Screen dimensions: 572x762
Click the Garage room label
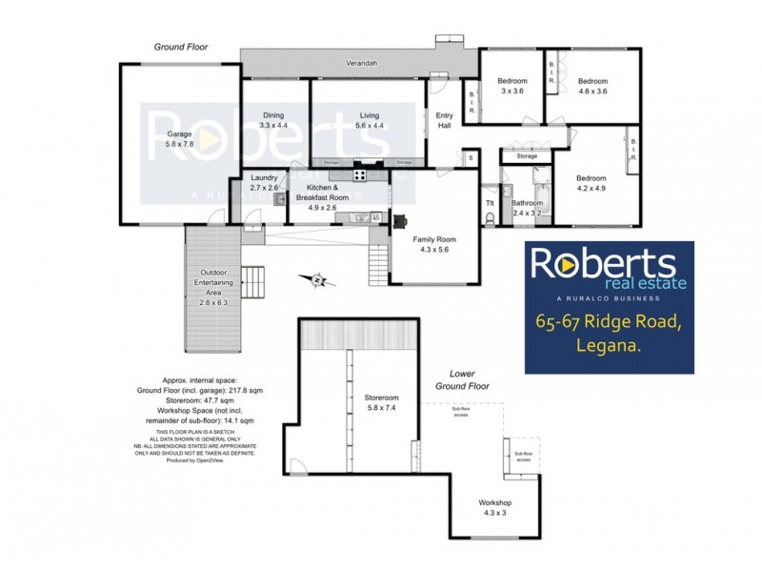(179, 134)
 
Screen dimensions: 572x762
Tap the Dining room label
(273, 115)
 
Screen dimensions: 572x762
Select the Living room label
(355, 115)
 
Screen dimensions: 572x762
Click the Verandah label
(358, 64)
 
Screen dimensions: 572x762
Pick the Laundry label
(264, 178)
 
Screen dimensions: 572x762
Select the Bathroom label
(527, 203)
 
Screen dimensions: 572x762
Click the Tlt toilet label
(491, 203)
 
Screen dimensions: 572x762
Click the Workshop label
(495, 502)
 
